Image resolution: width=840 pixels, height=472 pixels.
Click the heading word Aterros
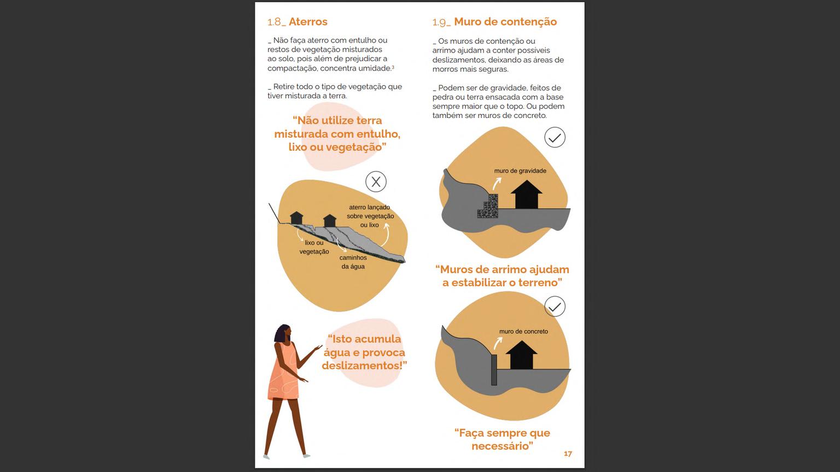[308, 22]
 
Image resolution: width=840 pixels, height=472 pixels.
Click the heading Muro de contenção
[505, 22]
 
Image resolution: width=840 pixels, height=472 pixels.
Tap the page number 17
[568, 453]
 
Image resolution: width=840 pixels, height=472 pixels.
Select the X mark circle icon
[376, 182]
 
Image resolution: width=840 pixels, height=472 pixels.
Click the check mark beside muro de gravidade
[555, 138]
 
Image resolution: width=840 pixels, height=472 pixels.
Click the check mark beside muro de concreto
[555, 306]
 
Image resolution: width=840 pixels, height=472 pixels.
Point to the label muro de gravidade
[520, 171]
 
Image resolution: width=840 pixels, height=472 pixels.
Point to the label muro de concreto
[523, 332]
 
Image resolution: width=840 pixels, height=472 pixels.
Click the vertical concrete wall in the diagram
[494, 370]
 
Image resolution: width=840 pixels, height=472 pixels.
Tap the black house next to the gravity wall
[527, 194]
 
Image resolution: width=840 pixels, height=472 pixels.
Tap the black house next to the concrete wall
[522, 355]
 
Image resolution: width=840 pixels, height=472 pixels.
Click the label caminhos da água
[353, 262]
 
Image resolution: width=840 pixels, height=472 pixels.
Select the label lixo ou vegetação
[314, 247]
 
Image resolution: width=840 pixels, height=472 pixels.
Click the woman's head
[283, 333]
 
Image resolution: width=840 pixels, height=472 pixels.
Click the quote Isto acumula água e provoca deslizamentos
[364, 352]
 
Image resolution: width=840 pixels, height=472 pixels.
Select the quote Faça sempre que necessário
[502, 439]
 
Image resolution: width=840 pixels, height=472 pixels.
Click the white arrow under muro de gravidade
[497, 184]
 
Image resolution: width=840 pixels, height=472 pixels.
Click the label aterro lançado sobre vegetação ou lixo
[370, 216]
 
